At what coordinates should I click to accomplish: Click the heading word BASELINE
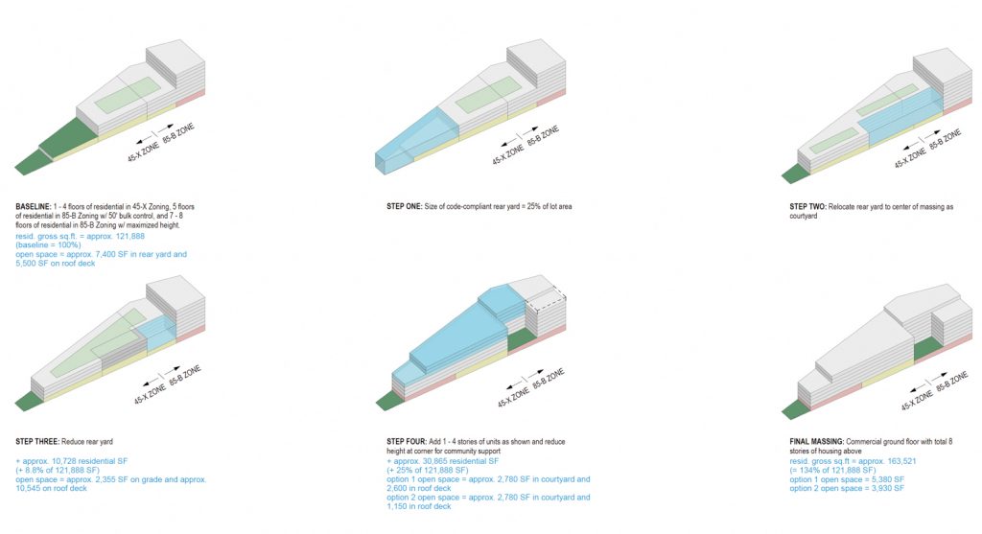[x=34, y=206]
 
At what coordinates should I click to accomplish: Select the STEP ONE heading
[x=404, y=206]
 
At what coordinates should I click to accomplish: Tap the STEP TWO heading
[x=807, y=206]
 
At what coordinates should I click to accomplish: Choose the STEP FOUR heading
[x=407, y=442]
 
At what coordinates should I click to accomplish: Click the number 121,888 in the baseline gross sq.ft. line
[x=130, y=237]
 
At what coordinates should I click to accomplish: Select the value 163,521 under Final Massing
[x=901, y=461]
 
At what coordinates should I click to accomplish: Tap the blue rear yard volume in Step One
[x=416, y=139]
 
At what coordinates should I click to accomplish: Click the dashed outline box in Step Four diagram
[x=546, y=299]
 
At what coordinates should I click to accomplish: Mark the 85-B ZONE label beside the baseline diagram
[x=178, y=134]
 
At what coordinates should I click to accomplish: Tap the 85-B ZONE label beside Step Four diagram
[x=549, y=379]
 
